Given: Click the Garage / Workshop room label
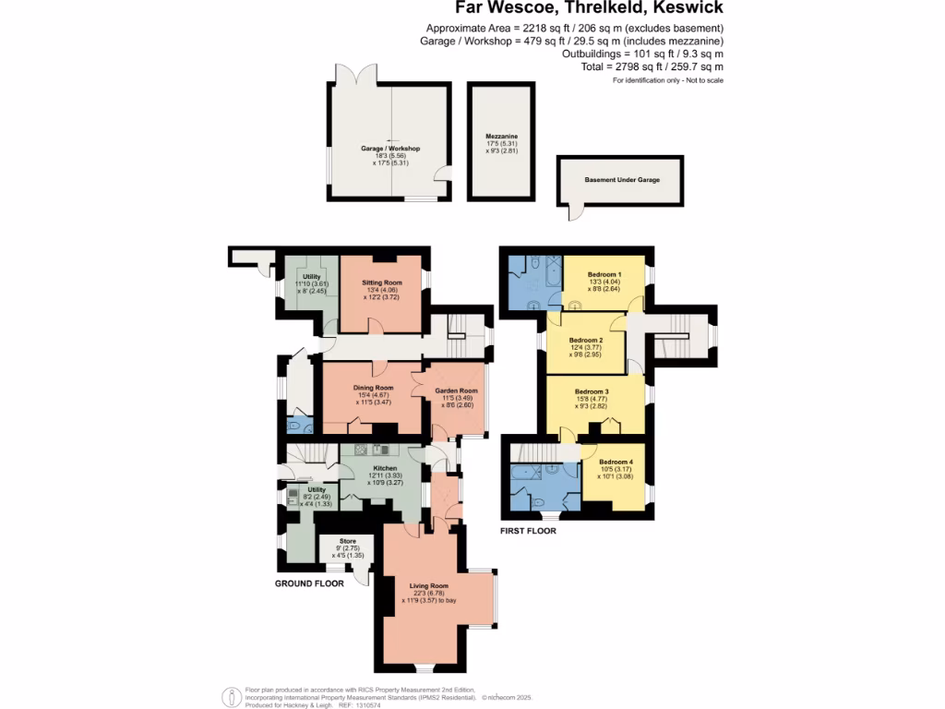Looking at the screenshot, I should click(x=389, y=149).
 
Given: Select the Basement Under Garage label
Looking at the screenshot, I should click(x=622, y=180).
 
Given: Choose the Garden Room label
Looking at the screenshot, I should click(x=456, y=391).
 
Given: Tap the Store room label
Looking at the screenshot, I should click(x=347, y=541).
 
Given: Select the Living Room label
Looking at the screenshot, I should click(x=428, y=584).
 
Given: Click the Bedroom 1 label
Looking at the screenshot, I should click(x=605, y=274).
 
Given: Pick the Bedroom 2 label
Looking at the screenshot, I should click(x=587, y=340).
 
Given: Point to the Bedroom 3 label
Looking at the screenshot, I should click(x=592, y=391).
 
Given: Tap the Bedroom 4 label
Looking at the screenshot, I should click(x=616, y=462).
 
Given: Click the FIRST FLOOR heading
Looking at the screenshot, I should click(x=528, y=531).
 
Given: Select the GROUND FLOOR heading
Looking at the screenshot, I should click(x=309, y=583).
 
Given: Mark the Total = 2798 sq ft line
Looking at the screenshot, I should click(x=664, y=67).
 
